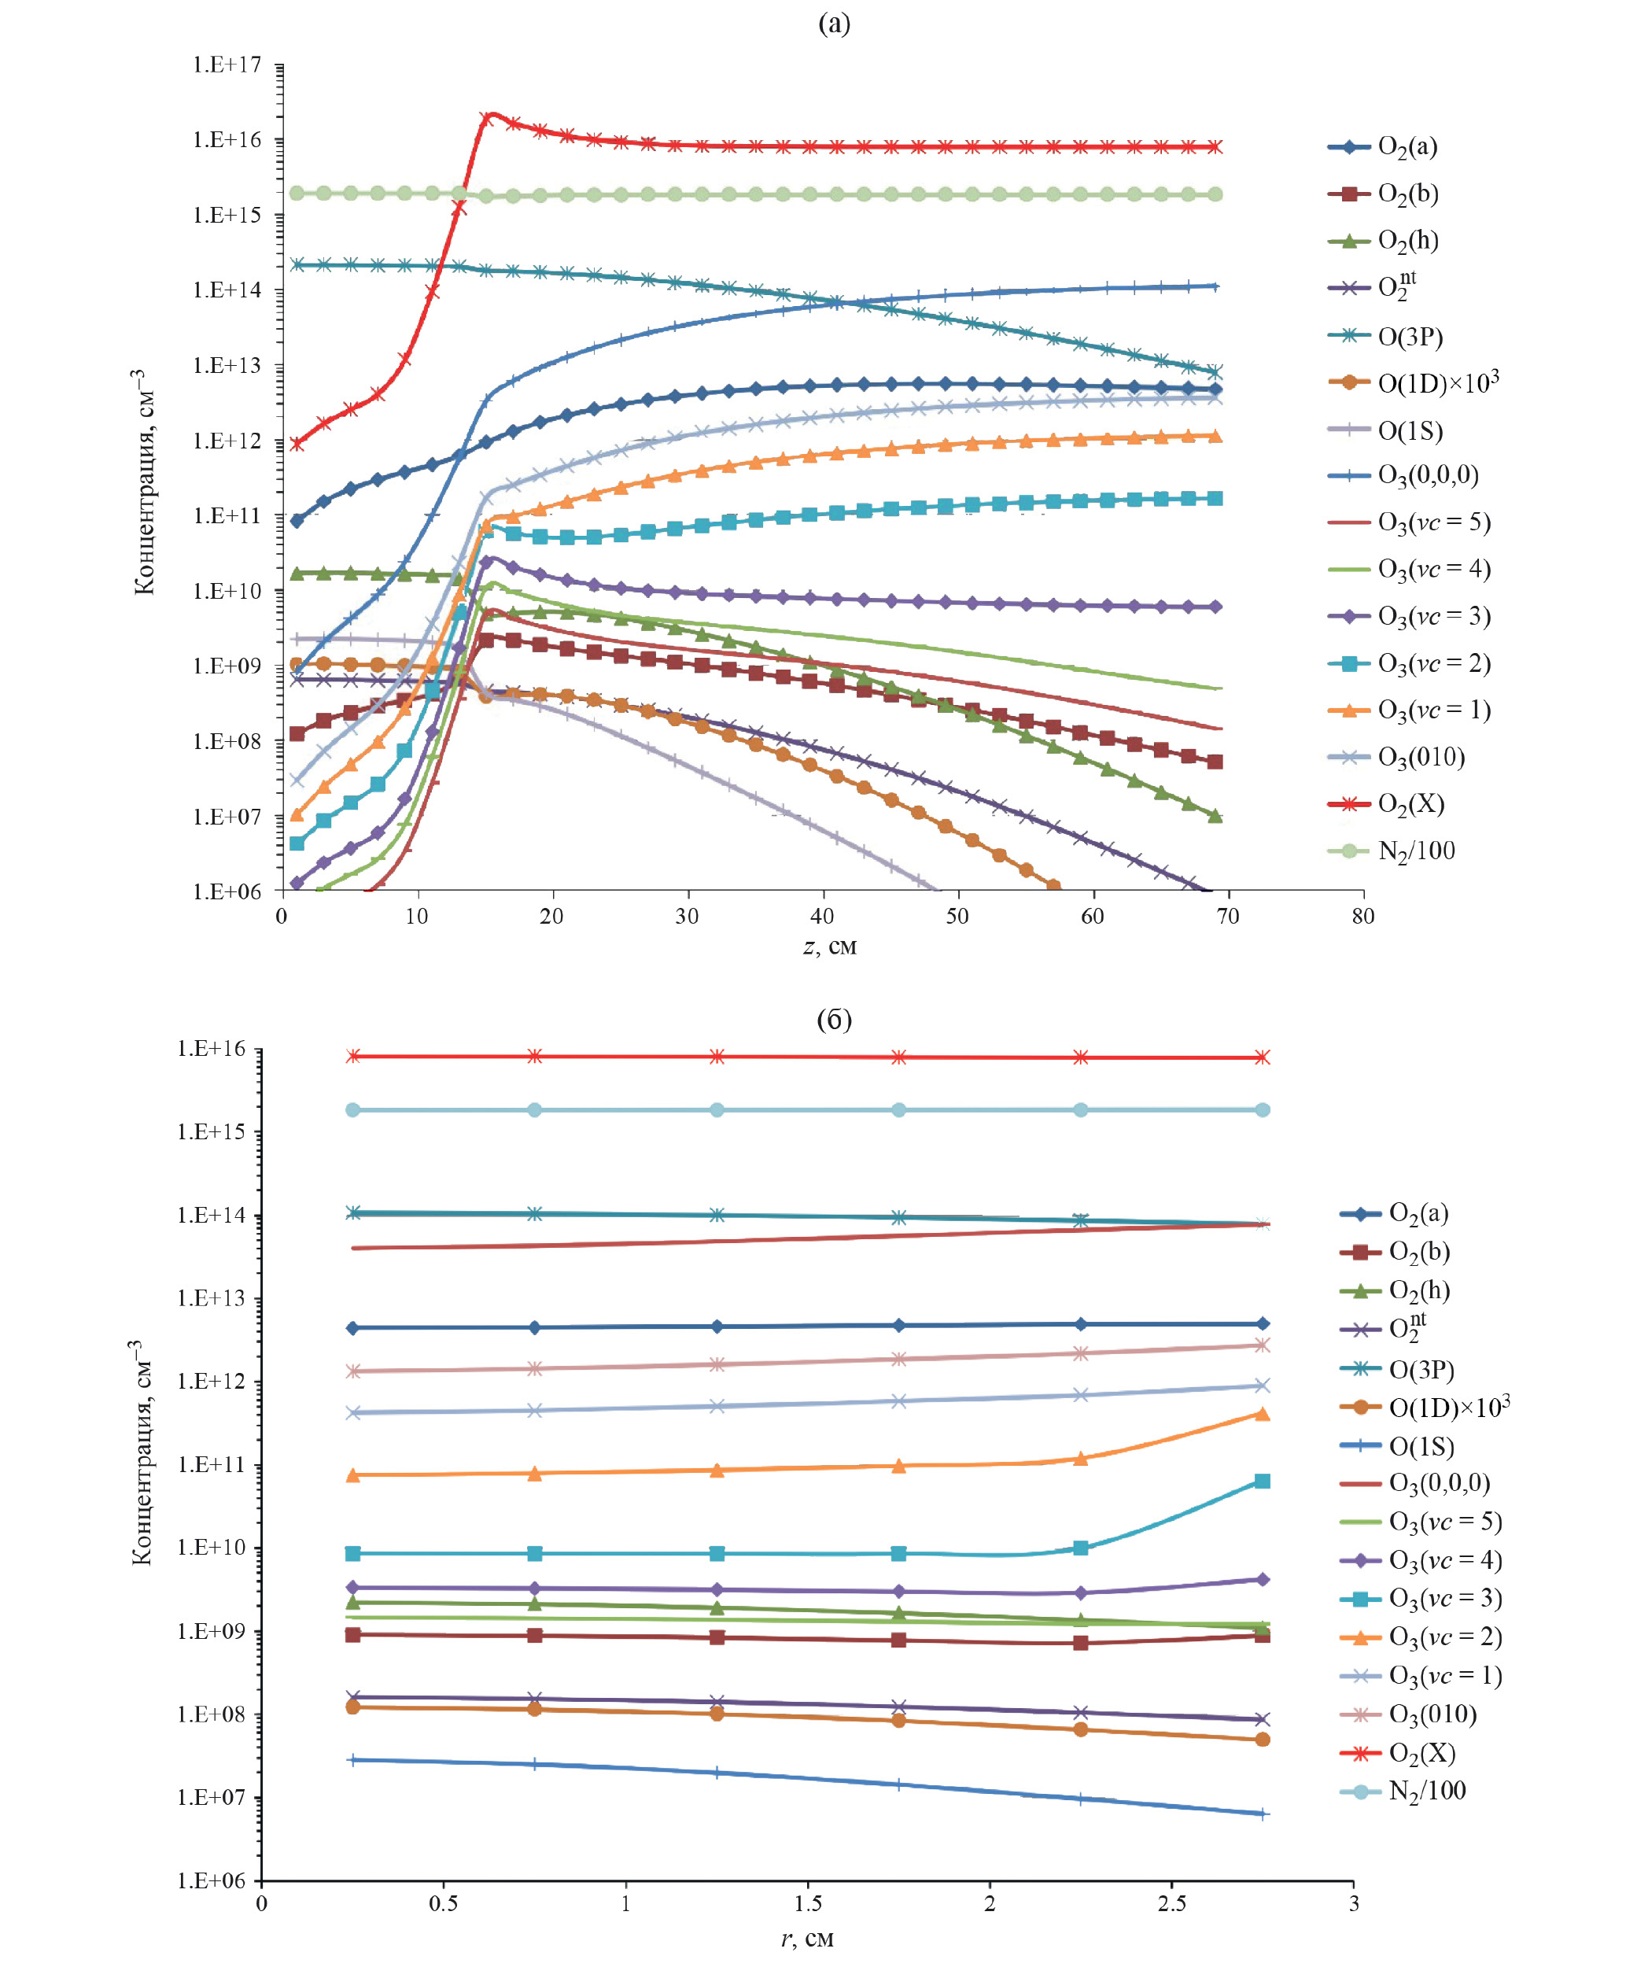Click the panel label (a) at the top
click(x=834, y=24)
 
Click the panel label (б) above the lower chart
click(x=834, y=1019)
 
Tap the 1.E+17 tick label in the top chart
click(x=227, y=65)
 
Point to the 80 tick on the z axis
click(x=1362, y=917)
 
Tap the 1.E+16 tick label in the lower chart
click(x=211, y=1049)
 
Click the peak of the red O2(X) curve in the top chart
click(x=491, y=114)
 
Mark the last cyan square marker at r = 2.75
click(x=1262, y=1481)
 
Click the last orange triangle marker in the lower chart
click(x=1262, y=1414)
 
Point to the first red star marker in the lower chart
click(x=353, y=1057)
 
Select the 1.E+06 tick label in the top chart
click(x=227, y=891)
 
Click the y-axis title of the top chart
click(x=142, y=482)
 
